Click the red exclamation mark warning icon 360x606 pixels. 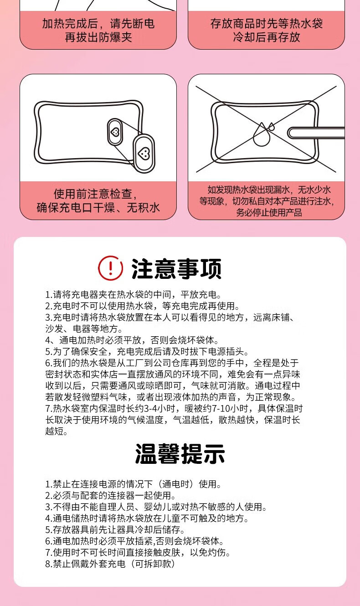pos(110,268)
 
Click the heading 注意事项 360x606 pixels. pos(177,269)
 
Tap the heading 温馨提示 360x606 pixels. pos(180,453)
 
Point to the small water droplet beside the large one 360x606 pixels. pos(271,126)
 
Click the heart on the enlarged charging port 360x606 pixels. pos(144,154)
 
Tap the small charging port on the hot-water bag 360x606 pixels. pos(115,132)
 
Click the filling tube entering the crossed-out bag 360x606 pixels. pos(316,133)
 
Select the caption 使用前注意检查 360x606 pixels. pos(95,194)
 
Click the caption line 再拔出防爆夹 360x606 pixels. pos(98,37)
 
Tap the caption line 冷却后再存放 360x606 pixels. pos(267,37)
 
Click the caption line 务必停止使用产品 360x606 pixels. pos(269,212)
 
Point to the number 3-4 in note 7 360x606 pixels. pos(149,408)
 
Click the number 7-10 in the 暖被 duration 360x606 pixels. pos(217,408)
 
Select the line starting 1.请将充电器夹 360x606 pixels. pos(134,294)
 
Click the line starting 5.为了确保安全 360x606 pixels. pos(147,351)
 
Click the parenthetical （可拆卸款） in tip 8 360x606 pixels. pos(153,563)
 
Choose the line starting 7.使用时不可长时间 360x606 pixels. pos(138,552)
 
